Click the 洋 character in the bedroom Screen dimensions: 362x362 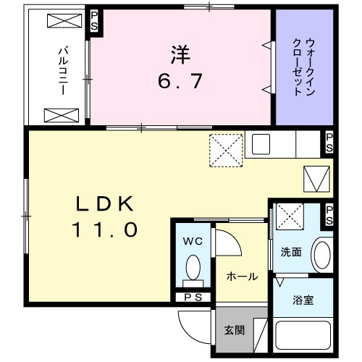(x=180, y=54)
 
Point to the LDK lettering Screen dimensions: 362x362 (x=104, y=204)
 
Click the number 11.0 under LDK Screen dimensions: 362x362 (x=104, y=230)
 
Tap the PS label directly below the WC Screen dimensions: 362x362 (x=193, y=297)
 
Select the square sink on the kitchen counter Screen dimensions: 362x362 (x=261, y=144)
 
